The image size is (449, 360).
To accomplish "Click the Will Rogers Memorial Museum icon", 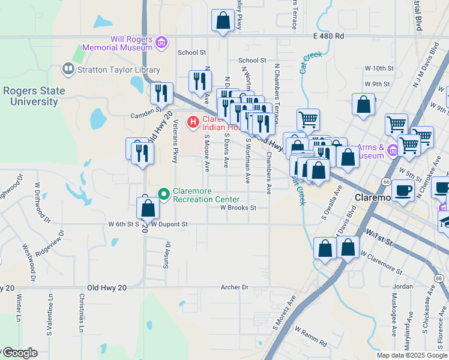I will click(161, 42).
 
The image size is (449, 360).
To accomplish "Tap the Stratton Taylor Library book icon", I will click(68, 70).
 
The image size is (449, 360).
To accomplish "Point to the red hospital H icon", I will click(193, 122).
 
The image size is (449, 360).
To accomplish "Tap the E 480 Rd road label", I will click(328, 36).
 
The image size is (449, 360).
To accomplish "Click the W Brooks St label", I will click(238, 208).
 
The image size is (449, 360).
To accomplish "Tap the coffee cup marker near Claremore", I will click(406, 190).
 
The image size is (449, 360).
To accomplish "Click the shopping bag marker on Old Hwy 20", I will click(148, 208).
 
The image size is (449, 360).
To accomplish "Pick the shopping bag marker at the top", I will click(223, 20).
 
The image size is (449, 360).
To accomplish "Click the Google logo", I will click(19, 353).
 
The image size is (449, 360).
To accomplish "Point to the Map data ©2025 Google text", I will click(412, 355).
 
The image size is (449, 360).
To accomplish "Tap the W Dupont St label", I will click(170, 224).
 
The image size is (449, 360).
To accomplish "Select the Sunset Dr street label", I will click(168, 255).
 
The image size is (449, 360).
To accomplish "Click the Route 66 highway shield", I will click(387, 182).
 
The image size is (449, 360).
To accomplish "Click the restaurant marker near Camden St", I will click(161, 92).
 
